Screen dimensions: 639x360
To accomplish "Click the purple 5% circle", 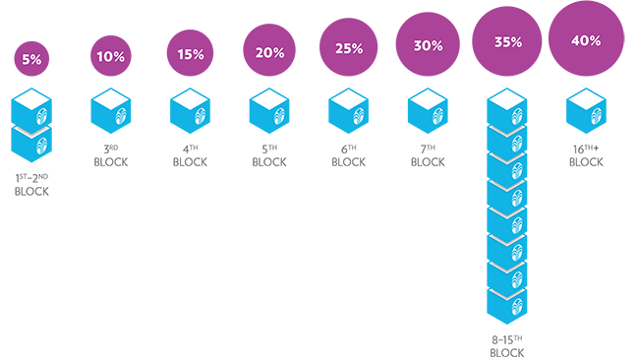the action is point(31,59).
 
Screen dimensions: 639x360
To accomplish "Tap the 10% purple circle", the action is point(111,56).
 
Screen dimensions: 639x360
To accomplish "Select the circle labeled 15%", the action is point(190,53).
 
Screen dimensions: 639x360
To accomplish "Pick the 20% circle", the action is point(269,50).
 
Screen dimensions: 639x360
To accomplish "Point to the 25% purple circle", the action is point(348,47).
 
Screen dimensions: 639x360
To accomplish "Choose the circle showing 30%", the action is point(428,44).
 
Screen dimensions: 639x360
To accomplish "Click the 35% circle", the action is point(507,41).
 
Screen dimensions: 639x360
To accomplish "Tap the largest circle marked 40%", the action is point(586,38).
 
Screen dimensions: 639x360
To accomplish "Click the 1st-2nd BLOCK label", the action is point(31,185).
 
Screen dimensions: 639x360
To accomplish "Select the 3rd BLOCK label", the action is point(111,155).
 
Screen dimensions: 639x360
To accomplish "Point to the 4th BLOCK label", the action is point(190,155).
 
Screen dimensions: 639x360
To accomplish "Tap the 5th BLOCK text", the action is point(269,155).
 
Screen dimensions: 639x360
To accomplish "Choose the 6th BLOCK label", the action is point(348,155).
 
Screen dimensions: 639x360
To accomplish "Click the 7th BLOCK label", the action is point(428,155).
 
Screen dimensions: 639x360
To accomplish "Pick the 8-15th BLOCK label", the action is point(507,346).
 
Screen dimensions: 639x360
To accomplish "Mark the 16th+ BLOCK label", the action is point(586,155).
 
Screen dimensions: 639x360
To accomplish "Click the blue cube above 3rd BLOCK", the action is point(111,111).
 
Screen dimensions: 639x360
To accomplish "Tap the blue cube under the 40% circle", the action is point(586,111).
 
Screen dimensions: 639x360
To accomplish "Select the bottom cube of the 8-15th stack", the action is point(507,307).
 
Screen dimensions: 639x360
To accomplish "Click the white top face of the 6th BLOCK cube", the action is point(348,99).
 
